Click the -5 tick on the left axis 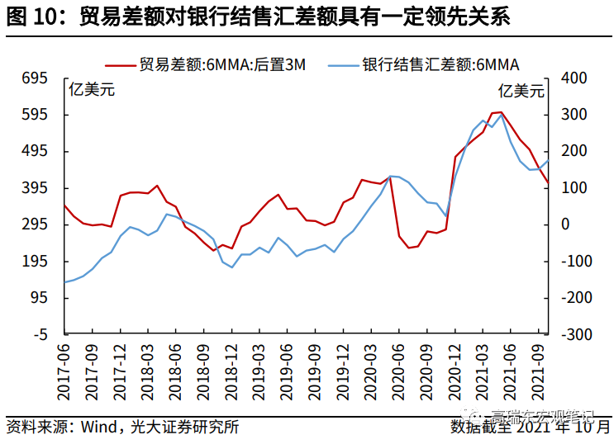click(x=40, y=335)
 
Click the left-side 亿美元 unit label click(x=91, y=90)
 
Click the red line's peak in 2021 click(x=501, y=111)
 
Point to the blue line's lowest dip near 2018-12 click(x=231, y=267)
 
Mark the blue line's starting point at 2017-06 click(x=64, y=282)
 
